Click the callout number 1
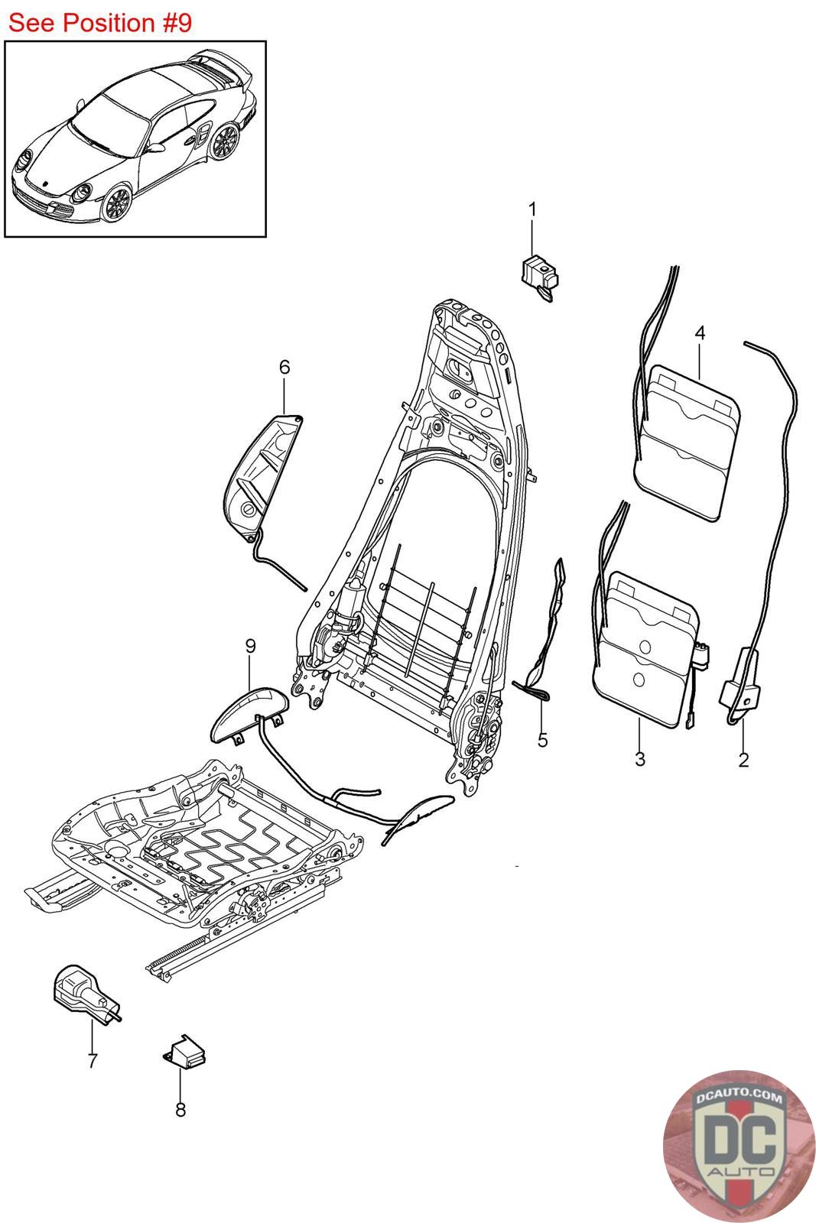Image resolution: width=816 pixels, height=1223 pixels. coord(533,209)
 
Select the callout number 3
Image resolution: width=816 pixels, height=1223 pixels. coord(639,759)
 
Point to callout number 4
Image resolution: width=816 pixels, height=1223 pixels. coord(699,333)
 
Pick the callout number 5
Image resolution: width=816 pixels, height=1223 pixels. coord(542,740)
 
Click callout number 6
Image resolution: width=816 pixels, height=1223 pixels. coord(284,367)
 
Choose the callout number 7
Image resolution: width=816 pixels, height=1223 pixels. coord(93,1061)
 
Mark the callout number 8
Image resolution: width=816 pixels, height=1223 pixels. coord(180,1109)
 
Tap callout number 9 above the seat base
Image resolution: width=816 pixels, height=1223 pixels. coord(250,646)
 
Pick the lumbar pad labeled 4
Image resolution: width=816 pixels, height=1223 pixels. coord(687,441)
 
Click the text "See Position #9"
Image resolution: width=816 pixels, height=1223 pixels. coord(99,23)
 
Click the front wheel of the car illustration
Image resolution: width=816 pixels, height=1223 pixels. coord(118,203)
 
